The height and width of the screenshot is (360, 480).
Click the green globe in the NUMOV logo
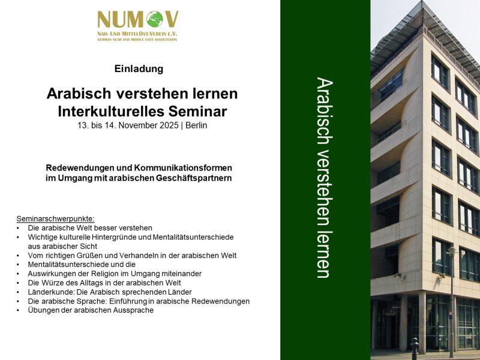[x=155, y=19]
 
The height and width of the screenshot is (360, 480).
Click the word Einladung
[x=139, y=68]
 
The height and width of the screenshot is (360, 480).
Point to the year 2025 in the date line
[x=169, y=125]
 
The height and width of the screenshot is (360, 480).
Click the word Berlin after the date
[x=196, y=125]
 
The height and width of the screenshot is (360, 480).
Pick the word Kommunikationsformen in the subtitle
[x=183, y=168]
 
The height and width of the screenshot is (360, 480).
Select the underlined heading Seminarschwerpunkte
[x=55, y=219]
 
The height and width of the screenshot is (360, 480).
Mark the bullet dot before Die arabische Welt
[x=18, y=229]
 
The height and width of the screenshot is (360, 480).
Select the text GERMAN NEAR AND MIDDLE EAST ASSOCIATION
[x=137, y=40]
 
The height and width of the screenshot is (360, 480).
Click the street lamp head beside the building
[x=451, y=251]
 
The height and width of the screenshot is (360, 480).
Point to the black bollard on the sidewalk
[x=415, y=349]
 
